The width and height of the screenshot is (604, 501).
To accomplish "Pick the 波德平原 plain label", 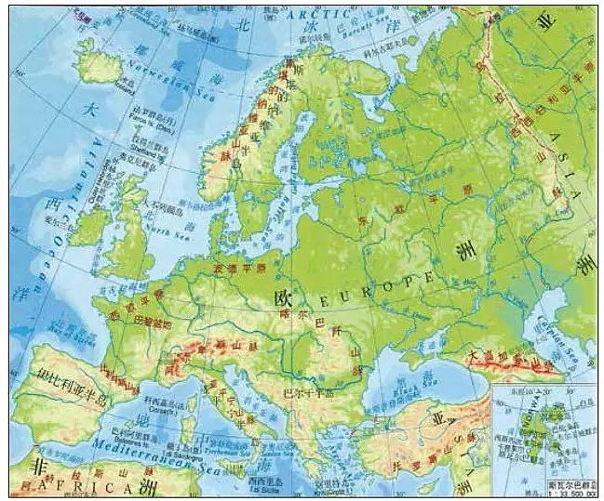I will pyautogui.click(x=239, y=269).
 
